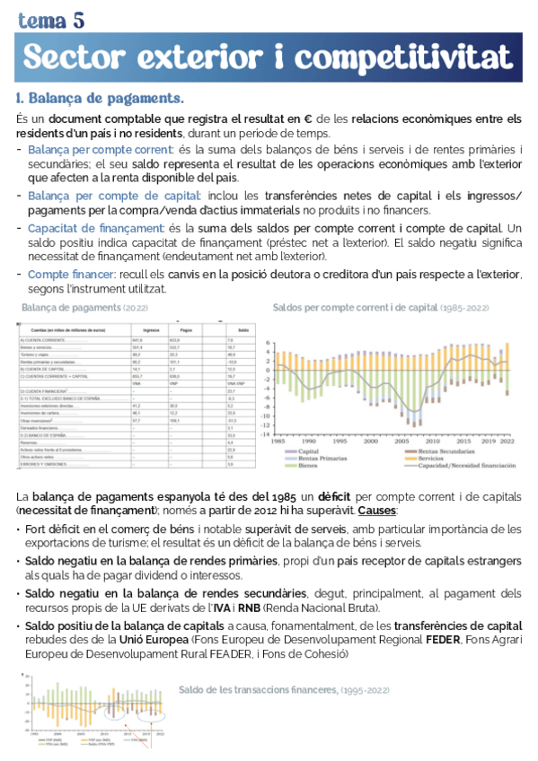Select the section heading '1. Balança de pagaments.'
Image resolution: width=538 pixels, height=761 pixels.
click(x=100, y=98)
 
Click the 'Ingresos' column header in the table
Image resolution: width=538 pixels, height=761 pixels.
click(x=139, y=332)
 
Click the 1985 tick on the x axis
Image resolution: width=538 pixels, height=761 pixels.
click(x=278, y=442)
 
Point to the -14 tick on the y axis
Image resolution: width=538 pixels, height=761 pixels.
click(x=267, y=433)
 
